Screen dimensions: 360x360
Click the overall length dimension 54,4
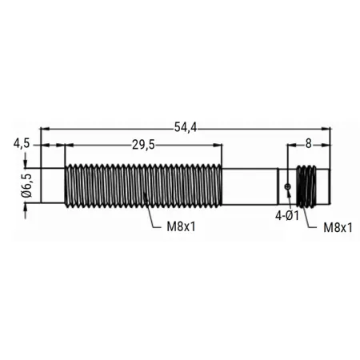[186, 127]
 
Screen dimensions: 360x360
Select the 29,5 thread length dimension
[143, 145]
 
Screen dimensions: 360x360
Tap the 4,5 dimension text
[22, 144]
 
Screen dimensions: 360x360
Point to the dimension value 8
[308, 144]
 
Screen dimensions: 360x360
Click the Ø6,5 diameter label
[26, 186]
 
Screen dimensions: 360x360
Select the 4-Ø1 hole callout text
[287, 216]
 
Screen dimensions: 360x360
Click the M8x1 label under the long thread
[181, 227]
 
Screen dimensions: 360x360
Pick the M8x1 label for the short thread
[338, 228]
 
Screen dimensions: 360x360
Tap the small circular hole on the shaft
[287, 187]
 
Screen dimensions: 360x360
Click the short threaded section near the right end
[306, 186]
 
